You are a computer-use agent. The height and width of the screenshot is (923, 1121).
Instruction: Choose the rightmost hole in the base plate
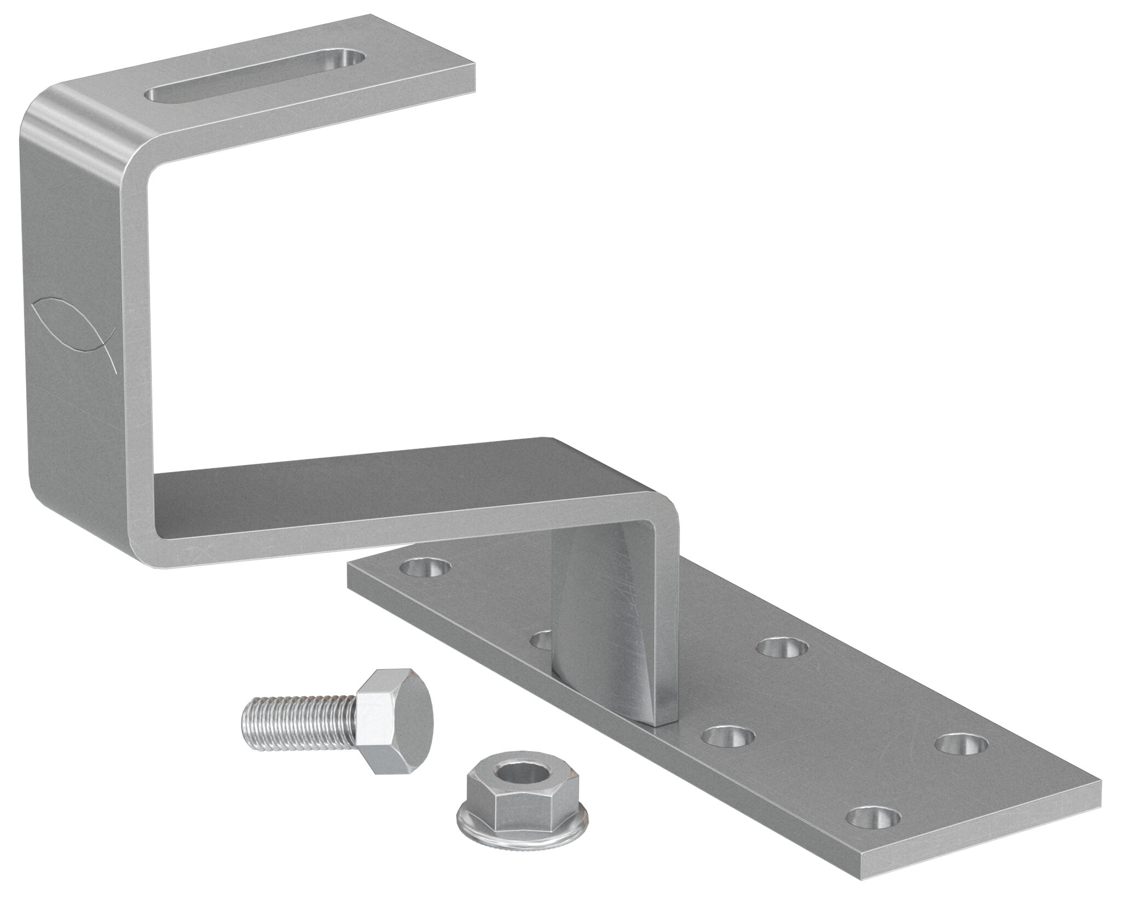click(961, 744)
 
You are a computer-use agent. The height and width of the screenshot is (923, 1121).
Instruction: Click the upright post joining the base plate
click(613, 629)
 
